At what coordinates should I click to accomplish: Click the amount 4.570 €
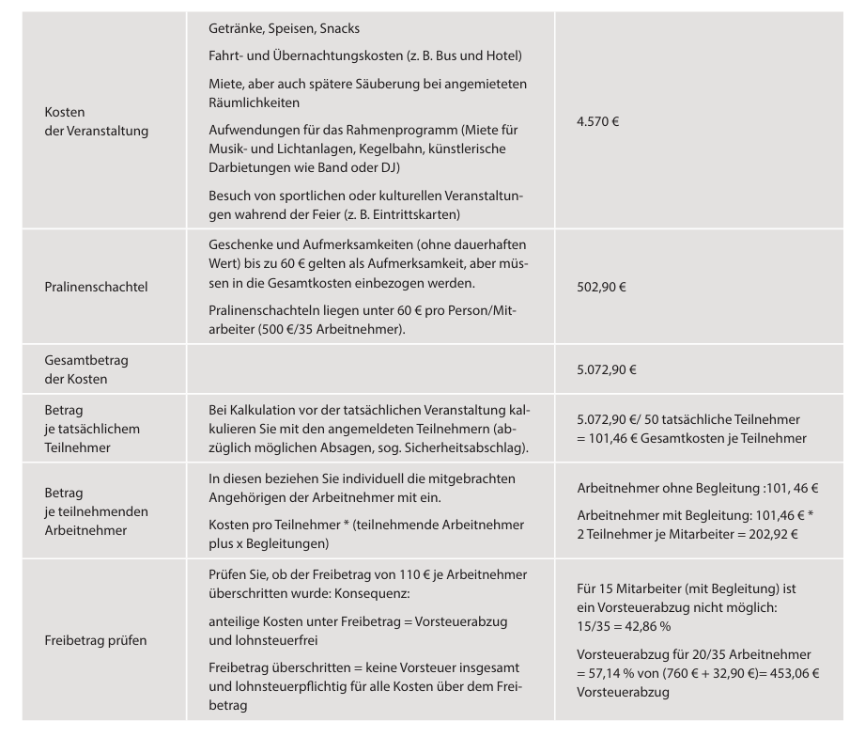coord(598,121)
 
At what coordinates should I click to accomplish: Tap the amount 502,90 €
coord(602,287)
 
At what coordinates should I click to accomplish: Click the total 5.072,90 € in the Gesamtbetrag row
coord(607,369)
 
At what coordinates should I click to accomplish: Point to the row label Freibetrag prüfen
coord(95,640)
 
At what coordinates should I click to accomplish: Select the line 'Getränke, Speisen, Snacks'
coord(284,29)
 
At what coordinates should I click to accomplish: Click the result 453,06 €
coord(788,673)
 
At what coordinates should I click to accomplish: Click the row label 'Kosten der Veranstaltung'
coord(96,121)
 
